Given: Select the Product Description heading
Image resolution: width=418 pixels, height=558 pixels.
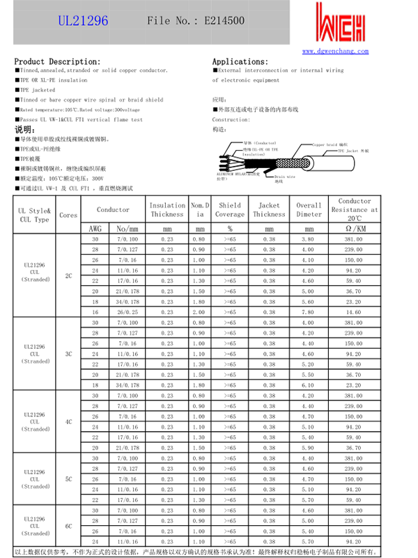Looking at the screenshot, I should coord(57,62).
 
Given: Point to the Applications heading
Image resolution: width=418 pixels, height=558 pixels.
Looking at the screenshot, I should coord(240,62).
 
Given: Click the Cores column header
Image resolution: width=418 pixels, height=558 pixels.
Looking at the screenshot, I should coord(68,215).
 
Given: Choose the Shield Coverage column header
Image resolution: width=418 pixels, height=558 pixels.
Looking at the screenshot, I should coord(229,210).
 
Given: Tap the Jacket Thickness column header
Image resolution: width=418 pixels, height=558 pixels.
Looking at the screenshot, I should coord(269,210).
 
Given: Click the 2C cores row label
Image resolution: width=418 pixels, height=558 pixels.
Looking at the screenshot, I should coord(68,276).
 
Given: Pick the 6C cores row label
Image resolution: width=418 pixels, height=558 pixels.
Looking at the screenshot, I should coord(68,527).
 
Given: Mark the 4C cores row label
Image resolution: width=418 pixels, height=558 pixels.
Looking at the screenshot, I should coord(68,421).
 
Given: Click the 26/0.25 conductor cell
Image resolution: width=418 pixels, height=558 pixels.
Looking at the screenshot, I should coord(127,312).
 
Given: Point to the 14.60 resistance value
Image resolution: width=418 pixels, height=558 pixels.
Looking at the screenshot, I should coord(354,312).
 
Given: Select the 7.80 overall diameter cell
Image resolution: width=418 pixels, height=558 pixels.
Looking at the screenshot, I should coord(309,312).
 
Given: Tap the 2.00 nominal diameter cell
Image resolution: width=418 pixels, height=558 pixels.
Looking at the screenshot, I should coord(200,312).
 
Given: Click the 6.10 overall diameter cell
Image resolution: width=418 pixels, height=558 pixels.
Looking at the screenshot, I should coord(309,385).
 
